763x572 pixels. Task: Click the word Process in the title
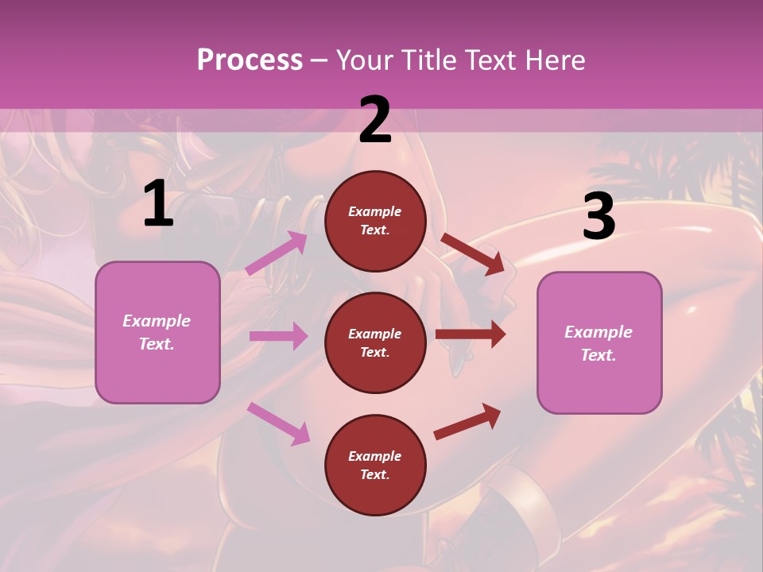coord(250,60)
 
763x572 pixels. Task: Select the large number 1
coord(158,204)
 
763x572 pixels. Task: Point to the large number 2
coord(375,121)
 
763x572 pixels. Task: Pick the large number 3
coord(598,217)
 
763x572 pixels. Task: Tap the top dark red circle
coord(375,221)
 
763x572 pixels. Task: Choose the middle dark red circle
coord(375,342)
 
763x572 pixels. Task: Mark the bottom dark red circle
coord(375,465)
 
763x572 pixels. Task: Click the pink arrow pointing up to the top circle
coord(277,253)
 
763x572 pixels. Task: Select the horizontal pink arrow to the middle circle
coord(278,336)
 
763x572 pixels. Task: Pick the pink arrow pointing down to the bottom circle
coord(278,423)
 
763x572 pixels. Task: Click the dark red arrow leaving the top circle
coord(473,253)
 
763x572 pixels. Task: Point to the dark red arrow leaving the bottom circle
coord(467,422)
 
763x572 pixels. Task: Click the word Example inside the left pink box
coord(157,321)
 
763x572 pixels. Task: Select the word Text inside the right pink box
coord(598,355)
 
